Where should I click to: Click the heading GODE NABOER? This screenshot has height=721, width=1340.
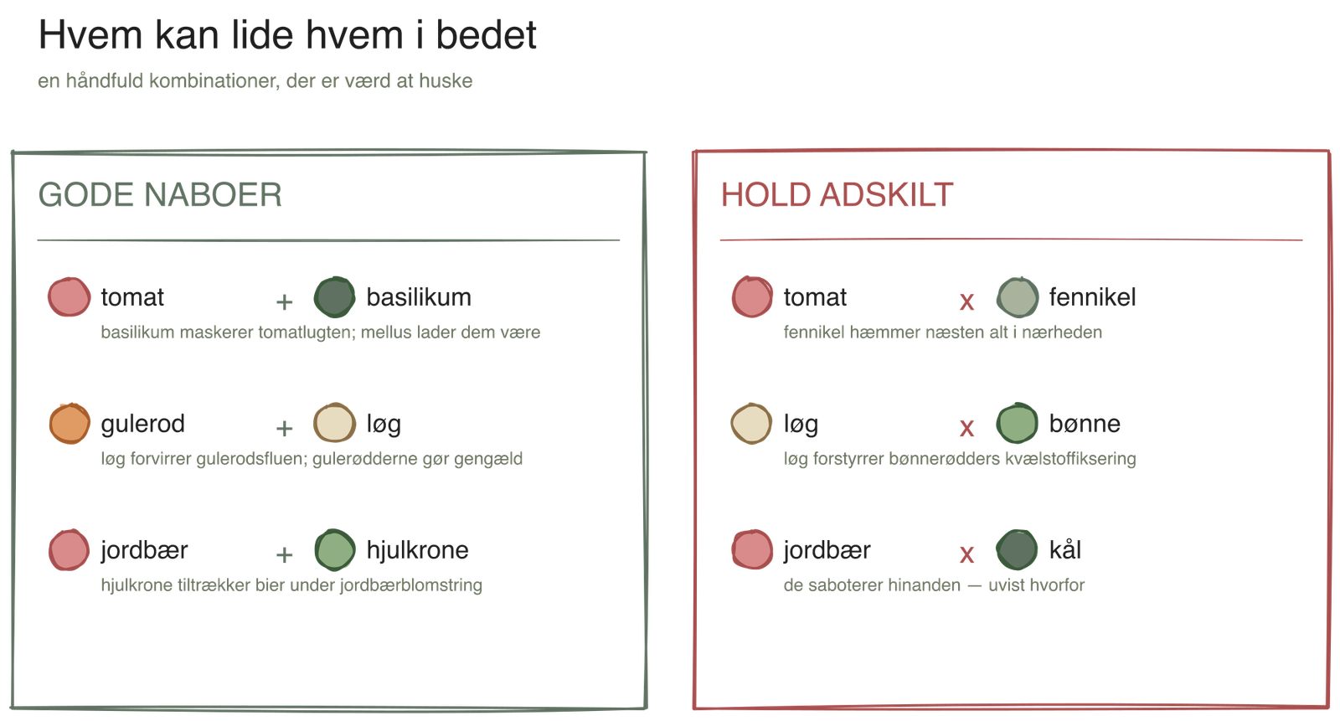click(160, 195)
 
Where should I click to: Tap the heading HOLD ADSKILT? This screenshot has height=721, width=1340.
click(837, 195)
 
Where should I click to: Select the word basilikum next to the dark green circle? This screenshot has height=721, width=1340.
click(419, 297)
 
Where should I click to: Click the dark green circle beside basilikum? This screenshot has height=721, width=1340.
click(334, 296)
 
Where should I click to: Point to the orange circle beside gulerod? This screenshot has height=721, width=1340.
click(70, 424)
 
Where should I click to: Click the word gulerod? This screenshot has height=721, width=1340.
click(143, 425)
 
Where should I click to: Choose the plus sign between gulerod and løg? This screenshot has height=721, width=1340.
click(284, 429)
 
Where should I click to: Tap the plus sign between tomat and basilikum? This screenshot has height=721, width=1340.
click(284, 302)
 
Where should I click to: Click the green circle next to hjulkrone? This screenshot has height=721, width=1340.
click(334, 550)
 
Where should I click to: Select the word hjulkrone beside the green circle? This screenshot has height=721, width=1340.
click(418, 550)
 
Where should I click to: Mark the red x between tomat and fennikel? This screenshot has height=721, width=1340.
click(966, 301)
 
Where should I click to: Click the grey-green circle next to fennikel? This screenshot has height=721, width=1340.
click(1017, 296)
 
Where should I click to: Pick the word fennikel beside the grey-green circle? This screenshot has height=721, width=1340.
click(1092, 297)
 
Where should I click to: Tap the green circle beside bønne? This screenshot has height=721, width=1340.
click(1017, 424)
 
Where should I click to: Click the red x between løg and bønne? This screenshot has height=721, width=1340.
click(966, 429)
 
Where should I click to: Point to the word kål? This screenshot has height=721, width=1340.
click(1064, 549)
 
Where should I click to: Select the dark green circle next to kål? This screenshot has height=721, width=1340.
click(1017, 550)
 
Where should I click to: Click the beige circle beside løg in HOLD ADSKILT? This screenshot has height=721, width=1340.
click(751, 424)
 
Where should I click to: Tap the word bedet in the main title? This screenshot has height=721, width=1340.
click(486, 35)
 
